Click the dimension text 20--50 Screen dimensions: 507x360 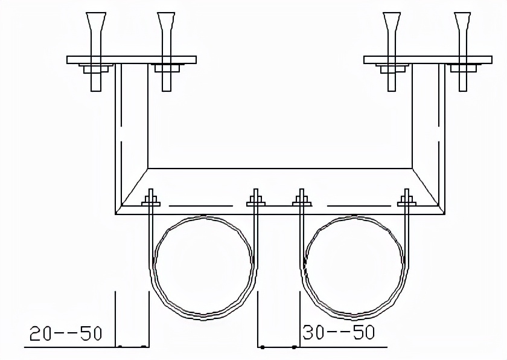(66, 333)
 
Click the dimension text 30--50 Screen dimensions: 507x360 (339, 332)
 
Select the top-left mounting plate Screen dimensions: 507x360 (132, 60)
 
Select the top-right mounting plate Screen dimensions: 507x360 (428, 60)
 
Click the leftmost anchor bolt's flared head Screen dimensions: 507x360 (96, 22)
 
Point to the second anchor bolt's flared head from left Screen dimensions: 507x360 (166, 22)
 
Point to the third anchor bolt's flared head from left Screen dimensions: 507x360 (392, 22)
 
